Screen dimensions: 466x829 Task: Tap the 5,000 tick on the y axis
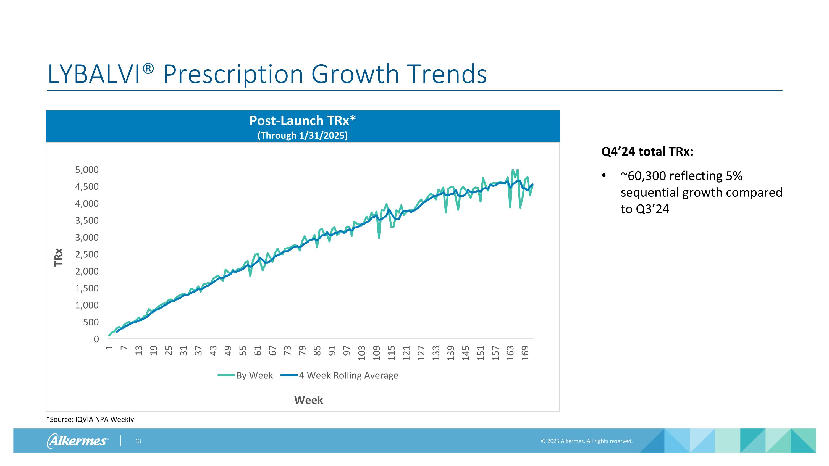87,170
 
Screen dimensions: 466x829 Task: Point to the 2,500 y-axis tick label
87,254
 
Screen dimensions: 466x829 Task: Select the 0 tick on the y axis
96,339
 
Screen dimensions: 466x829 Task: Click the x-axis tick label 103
362,353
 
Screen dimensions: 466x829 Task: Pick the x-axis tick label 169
525,353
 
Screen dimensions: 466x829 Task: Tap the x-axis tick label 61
258,351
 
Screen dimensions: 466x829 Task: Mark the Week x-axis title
308,400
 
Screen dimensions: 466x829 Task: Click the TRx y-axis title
58,257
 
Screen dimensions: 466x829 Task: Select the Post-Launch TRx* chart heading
303,121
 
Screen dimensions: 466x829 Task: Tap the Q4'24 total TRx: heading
647,151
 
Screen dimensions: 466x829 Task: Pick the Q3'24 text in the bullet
653,209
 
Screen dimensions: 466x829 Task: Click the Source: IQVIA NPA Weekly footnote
90,419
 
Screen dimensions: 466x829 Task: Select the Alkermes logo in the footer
77,441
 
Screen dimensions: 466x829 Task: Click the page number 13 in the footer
138,441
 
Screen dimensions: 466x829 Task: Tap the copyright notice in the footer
586,441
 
